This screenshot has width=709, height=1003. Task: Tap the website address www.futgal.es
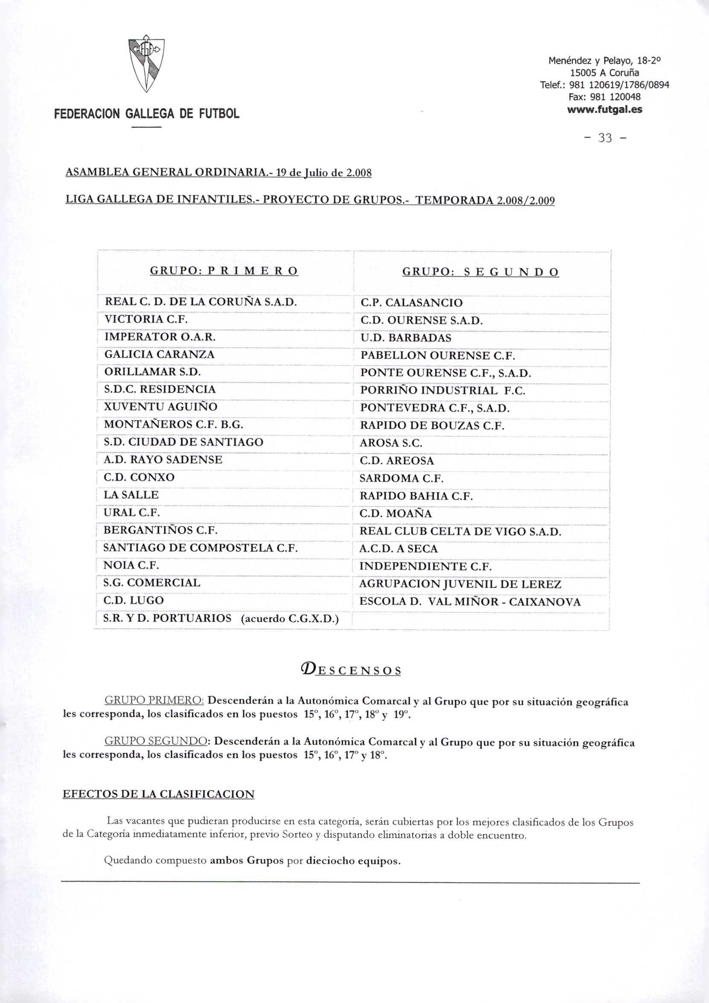[605, 109]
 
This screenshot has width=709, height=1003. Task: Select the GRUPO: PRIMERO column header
[224, 271]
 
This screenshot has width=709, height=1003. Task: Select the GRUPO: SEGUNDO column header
[480, 272]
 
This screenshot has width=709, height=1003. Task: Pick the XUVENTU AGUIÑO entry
[160, 407]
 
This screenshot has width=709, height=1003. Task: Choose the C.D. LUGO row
[134, 600]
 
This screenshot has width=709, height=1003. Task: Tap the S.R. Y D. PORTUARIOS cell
[168, 618]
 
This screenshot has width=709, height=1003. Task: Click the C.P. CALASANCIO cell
[411, 303]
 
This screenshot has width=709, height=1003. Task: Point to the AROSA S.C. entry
[391, 443]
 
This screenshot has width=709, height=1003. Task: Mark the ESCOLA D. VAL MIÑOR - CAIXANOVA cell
[470, 601]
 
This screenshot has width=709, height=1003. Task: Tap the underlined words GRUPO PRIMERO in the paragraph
[154, 701]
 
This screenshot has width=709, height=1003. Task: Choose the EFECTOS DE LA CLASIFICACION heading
[158, 794]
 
